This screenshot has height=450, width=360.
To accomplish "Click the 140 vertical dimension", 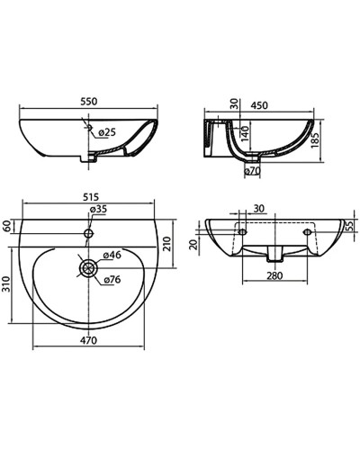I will click(x=244, y=136).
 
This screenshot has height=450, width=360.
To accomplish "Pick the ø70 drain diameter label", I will click(x=254, y=168).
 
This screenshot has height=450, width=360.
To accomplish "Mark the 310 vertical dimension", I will click(x=9, y=287).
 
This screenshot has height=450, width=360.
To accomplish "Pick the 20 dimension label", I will click(x=194, y=243).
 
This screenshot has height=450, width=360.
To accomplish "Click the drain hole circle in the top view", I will click(x=87, y=268).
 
